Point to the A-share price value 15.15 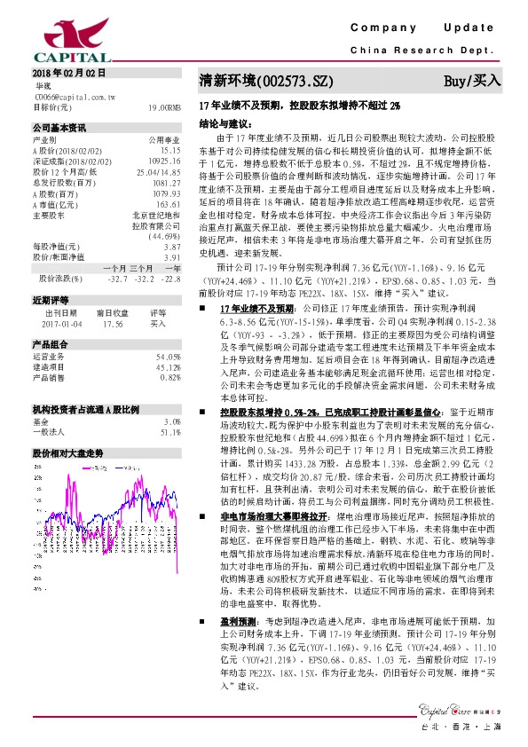171,150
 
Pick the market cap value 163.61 169,203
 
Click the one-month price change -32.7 116,279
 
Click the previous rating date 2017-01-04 61,324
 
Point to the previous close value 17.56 112,324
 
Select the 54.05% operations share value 169,356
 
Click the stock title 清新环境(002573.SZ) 266,81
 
